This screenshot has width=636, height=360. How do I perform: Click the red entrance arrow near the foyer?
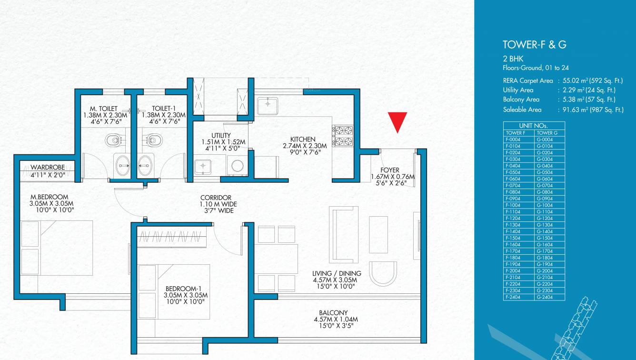coord(397,121)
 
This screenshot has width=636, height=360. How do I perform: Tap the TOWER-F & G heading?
coord(534,45)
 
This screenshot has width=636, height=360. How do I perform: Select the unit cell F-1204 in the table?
coord(519,218)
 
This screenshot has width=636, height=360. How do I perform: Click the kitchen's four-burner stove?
coord(343,136)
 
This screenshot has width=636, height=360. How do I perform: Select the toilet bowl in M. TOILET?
coord(112,140)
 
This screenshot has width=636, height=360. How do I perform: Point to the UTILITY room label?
coord(221,135)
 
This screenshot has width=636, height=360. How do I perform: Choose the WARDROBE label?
coord(47,168)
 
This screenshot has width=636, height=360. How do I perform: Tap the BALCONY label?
coord(333,313)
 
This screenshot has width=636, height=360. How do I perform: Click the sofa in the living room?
coord(344,235)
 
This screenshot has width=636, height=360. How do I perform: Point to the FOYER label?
coord(390,170)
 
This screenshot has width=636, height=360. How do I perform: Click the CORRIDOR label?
coord(216,198)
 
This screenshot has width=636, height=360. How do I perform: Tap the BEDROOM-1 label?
coord(185,289)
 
